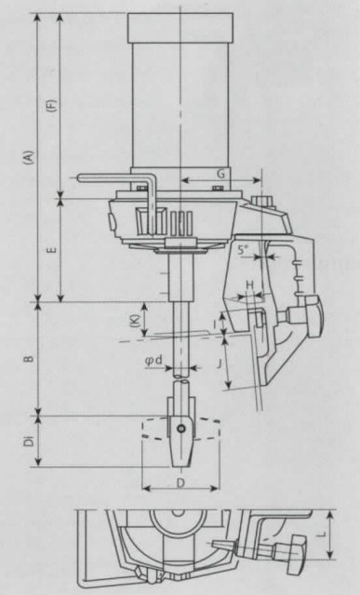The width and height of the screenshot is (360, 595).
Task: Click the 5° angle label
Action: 243,249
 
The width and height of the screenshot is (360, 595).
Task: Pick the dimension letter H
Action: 249,284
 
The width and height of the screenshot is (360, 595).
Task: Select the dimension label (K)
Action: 135,320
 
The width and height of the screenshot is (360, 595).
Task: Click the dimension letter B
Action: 30,356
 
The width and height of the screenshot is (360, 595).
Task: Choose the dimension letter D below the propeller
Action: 181,483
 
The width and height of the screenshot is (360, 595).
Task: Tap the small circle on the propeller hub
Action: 180,429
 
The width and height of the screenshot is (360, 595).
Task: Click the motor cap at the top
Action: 180,30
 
